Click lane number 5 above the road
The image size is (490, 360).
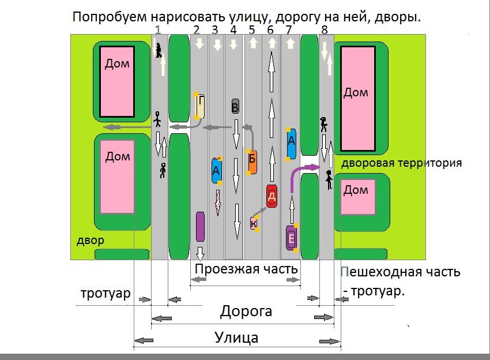tap(251, 29)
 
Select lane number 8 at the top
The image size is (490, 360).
tap(325, 29)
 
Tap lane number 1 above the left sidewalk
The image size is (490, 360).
tap(157, 29)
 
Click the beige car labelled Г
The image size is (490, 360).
tap(201, 106)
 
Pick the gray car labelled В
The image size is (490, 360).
tap(235, 106)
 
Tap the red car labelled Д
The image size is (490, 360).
tap(272, 196)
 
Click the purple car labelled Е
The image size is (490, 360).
tap(292, 237)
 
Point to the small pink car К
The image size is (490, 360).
tap(254, 223)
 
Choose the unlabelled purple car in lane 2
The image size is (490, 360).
tap(200, 226)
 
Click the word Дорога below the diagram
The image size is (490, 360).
tap(246, 312)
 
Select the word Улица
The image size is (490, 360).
tap(236, 337)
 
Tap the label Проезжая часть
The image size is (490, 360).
tap(246, 269)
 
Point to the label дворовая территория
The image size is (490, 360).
tap(401, 163)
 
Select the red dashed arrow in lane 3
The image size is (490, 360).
tap(217, 202)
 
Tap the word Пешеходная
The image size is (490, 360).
tap(375, 272)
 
